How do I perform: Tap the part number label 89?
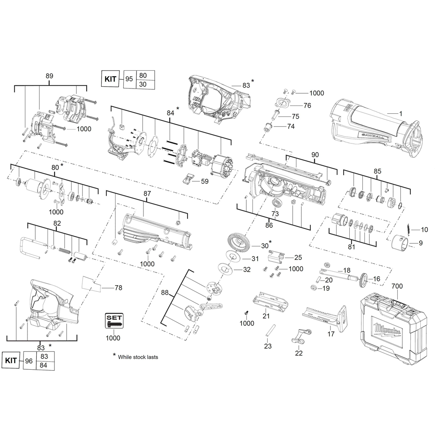tap(49, 76)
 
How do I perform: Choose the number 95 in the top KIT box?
tap(129, 79)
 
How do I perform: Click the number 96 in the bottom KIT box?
tap(29, 361)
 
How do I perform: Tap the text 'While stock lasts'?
tap(138, 357)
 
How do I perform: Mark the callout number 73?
tap(275, 214)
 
